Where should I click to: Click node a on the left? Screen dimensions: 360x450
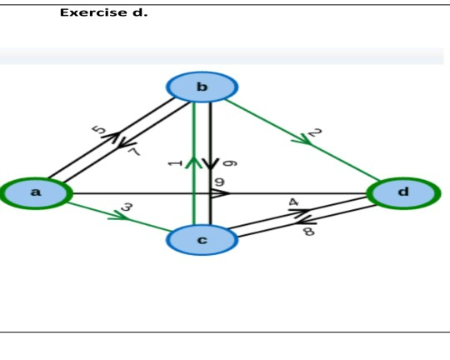click(35, 192)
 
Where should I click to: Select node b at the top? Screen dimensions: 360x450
click(202, 87)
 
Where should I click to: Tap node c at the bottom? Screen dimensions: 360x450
click(202, 240)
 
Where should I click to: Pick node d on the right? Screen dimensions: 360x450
click(403, 192)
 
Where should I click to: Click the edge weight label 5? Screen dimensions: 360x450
click(98, 130)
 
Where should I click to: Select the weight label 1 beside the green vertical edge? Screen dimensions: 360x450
click(173, 162)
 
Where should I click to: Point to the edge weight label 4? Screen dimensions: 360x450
click(293, 202)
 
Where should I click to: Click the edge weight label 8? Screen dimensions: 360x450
click(308, 232)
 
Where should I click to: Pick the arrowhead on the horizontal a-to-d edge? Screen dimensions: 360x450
click(220, 193)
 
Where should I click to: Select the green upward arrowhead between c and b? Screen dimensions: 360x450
click(193, 162)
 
